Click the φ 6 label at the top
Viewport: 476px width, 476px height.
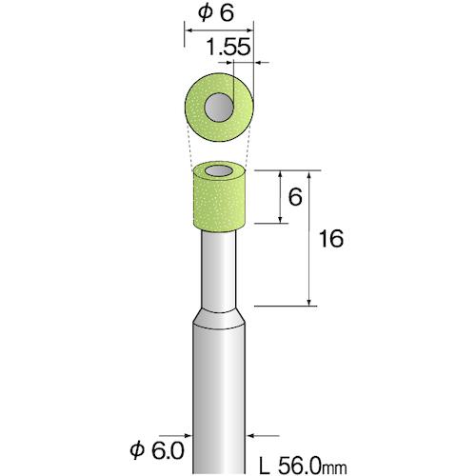point(216,13)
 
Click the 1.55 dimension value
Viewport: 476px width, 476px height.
point(228,48)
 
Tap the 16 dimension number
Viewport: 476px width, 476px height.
point(331,239)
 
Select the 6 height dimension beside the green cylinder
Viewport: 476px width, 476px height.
point(295,197)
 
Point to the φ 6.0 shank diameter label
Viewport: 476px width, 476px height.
point(157,450)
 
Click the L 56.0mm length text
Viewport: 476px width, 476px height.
point(303,466)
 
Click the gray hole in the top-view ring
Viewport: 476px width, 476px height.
point(219,108)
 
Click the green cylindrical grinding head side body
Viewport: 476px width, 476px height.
point(219,203)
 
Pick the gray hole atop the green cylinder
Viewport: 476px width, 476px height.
point(219,171)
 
